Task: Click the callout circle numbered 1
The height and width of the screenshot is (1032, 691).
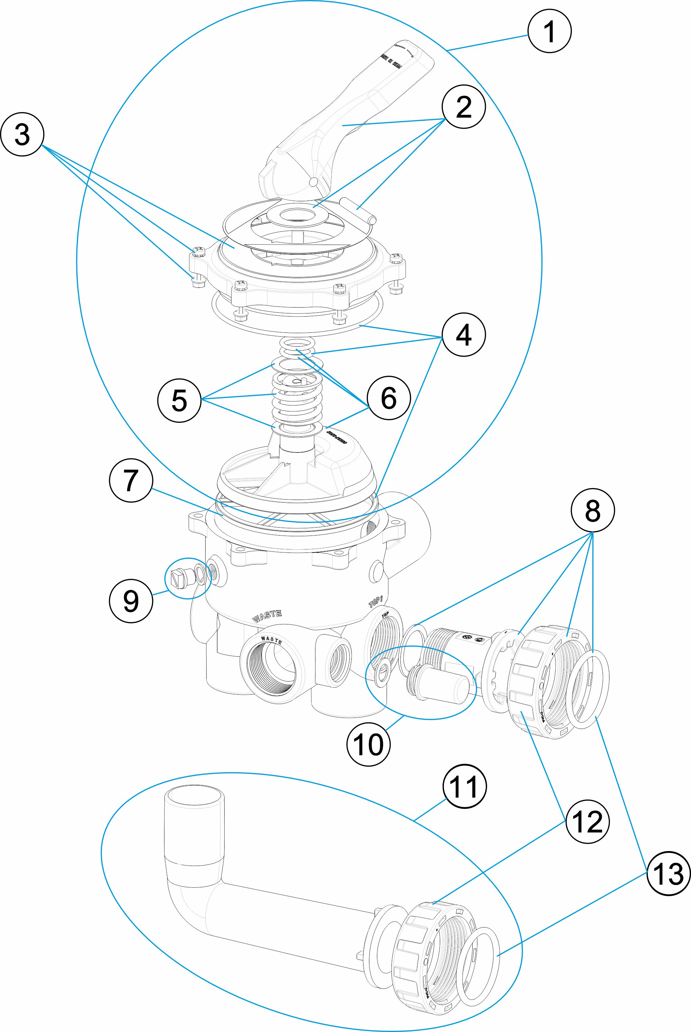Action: point(549,31)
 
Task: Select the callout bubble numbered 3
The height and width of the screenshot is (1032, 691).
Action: point(22,134)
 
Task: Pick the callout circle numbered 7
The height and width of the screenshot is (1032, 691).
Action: point(131,480)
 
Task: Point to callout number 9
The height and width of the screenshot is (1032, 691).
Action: point(131,601)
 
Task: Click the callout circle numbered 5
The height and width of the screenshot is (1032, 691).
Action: point(179,401)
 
